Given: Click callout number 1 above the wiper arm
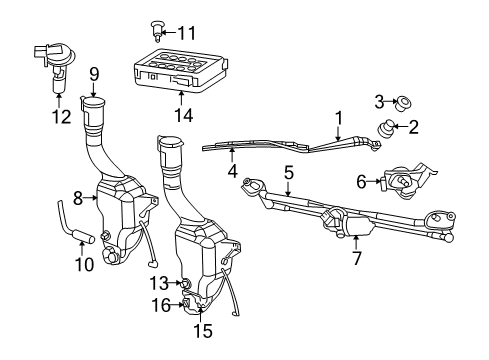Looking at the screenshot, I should [338, 117].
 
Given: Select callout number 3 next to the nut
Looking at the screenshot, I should [379, 99].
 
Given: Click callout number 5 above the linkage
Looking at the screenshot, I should [288, 172].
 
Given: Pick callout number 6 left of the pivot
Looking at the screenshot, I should [361, 181].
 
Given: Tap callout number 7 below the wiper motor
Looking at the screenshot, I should [356, 258].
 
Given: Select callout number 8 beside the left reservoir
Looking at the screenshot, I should [78, 198].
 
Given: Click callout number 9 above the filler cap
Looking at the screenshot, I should [94, 73].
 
